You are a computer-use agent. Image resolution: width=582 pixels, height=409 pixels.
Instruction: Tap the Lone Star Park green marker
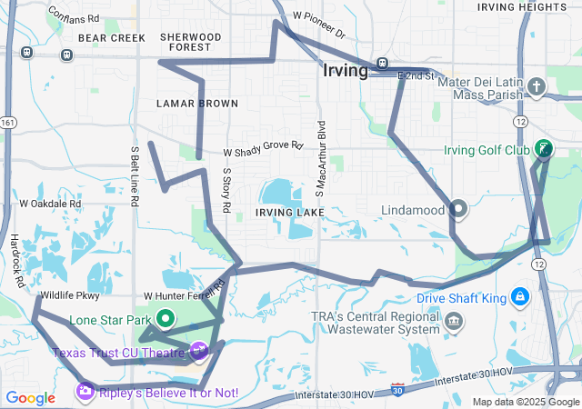coord(166,319)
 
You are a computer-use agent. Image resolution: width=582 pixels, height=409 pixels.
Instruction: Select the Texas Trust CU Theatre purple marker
coord(198,350)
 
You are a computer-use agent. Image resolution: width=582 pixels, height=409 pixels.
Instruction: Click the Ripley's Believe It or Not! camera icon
coord(85,392)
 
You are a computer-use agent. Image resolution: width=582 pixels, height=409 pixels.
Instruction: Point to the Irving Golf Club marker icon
coord(544,149)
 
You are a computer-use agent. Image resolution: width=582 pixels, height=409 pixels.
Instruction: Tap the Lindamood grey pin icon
coord(458,210)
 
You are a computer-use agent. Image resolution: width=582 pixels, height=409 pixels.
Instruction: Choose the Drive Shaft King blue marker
coord(519,297)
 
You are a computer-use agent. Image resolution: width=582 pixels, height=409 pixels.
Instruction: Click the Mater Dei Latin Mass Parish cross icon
coord(537,87)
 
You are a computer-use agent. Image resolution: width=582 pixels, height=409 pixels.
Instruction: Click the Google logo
coord(31,397)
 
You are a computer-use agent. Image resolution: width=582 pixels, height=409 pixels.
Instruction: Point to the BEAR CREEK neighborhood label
coord(112,38)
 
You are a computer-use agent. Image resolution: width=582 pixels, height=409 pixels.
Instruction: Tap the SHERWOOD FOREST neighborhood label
coord(190,42)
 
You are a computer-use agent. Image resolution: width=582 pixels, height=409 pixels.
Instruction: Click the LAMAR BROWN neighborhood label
coord(197,104)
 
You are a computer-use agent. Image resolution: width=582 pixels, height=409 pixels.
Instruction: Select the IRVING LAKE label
coord(289,213)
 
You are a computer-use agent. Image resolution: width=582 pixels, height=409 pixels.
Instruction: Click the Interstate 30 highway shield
coord(397,389)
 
